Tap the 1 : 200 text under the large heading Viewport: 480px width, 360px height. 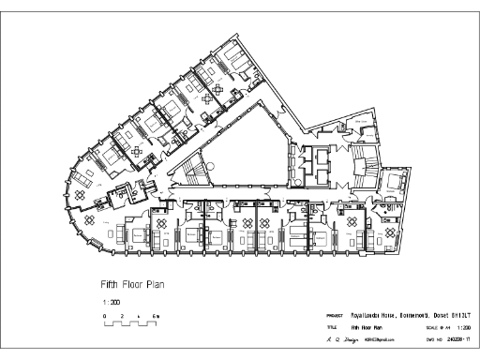(111, 303)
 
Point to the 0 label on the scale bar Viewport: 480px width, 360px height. (104, 319)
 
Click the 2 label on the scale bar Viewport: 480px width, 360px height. (122, 319)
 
